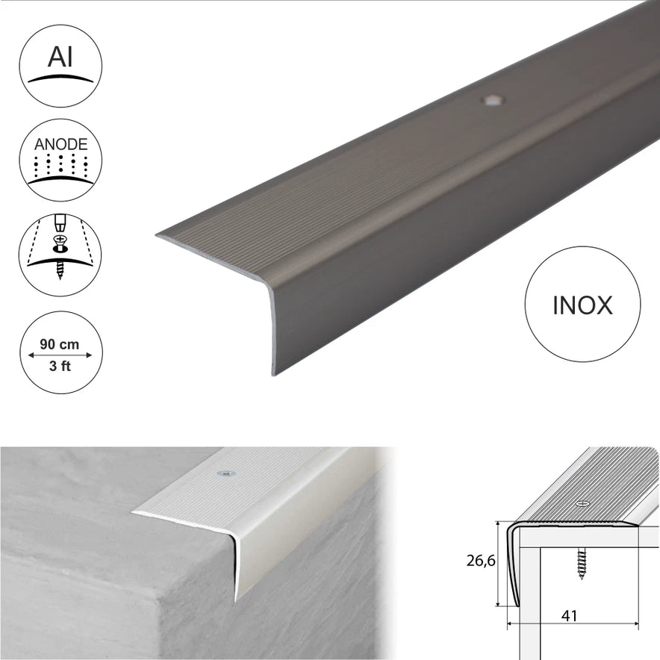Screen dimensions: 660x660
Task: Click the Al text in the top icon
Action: click(x=60, y=57)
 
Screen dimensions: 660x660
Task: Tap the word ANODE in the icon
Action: click(x=60, y=144)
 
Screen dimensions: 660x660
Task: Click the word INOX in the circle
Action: click(x=582, y=305)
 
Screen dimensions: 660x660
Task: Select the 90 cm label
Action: click(x=59, y=344)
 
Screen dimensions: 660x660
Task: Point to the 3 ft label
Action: click(x=60, y=366)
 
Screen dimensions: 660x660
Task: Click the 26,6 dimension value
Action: click(x=481, y=561)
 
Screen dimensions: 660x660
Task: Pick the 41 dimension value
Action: click(x=569, y=616)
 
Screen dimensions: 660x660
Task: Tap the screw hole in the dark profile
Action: click(x=492, y=101)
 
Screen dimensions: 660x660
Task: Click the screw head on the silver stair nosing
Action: click(x=226, y=474)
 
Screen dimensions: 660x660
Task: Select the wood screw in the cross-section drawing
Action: click(x=582, y=564)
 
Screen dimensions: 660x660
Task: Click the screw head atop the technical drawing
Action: click(x=583, y=503)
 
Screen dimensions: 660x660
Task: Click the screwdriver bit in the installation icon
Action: click(x=60, y=223)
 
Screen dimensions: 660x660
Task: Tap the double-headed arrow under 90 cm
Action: click(x=60, y=355)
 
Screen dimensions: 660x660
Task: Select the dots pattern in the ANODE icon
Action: click(x=60, y=166)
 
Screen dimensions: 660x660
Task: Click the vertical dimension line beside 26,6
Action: click(x=499, y=564)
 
